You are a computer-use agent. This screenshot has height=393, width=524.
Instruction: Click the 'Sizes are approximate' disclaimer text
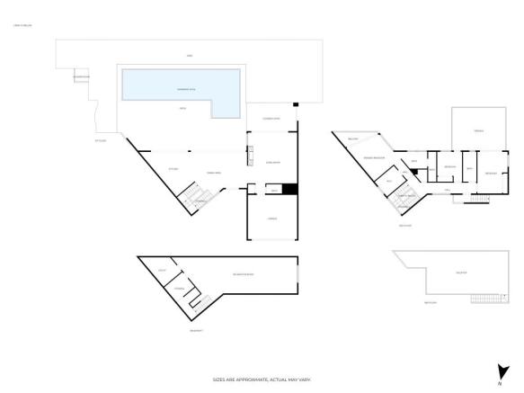262,380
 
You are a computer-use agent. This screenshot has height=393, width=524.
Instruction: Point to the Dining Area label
215,172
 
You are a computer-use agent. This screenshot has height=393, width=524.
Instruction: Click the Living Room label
272,163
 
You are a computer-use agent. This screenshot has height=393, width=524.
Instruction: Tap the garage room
271,219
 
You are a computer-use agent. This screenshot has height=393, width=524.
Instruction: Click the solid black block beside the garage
289,189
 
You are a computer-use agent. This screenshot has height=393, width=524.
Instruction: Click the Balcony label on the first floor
353,139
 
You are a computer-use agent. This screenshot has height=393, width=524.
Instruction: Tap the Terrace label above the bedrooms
479,131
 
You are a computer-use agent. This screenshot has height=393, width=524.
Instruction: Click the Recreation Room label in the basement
243,273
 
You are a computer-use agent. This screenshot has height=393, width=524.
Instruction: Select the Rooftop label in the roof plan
460,272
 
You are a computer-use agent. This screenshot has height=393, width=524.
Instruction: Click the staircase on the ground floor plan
196,198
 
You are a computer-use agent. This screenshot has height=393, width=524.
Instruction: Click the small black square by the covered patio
295,105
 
